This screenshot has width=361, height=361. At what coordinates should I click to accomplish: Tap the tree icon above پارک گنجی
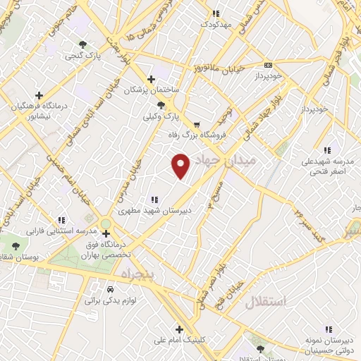[84, 44]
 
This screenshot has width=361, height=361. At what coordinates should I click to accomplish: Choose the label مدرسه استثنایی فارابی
[60, 231]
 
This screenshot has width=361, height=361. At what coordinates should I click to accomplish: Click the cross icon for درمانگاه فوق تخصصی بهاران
[105, 233]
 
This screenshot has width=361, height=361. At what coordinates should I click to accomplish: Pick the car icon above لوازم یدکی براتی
[110, 290]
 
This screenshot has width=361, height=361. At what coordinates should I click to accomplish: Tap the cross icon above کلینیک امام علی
[180, 329]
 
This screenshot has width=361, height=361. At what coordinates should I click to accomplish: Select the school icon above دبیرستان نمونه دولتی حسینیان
[328, 329]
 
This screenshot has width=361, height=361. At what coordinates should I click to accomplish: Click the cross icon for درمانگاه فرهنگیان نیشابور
[39, 95]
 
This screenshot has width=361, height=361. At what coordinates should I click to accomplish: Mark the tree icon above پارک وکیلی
[161, 104]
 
